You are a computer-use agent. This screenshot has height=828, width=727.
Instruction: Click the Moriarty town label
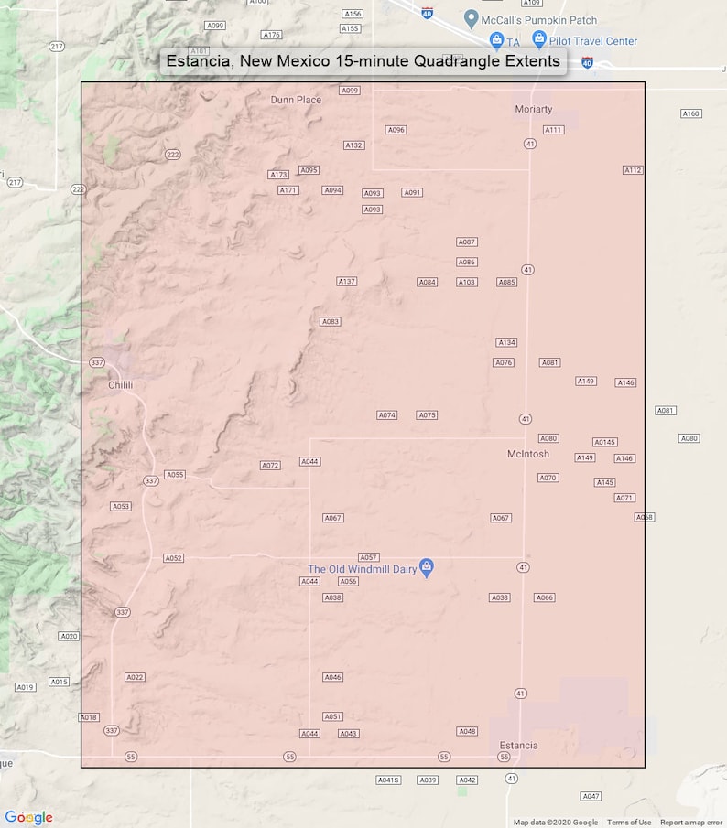(534, 109)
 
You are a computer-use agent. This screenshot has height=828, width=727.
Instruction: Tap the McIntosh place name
(528, 454)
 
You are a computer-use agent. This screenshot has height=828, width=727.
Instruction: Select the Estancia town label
(518, 746)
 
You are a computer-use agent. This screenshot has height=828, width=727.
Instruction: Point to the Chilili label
(120, 385)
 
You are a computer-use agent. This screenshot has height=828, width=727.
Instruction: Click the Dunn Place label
(296, 100)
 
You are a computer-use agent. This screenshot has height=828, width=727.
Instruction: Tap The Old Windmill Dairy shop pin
(426, 567)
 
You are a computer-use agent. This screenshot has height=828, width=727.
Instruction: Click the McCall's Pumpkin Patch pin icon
(471, 18)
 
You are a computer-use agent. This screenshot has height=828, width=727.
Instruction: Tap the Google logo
(28, 817)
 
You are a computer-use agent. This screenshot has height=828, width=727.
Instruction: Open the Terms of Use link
(629, 823)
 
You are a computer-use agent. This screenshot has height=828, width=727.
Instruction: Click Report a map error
(691, 823)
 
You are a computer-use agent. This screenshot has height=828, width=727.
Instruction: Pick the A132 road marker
(353, 145)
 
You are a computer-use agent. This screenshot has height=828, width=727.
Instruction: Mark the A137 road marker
(346, 282)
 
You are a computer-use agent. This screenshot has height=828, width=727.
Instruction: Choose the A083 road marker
(331, 322)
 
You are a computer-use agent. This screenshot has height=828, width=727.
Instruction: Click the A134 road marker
(506, 342)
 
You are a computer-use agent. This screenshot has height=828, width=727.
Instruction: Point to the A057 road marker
(368, 557)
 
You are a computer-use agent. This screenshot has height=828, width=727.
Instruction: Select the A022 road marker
(135, 677)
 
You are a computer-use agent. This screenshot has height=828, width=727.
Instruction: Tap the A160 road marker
(690, 113)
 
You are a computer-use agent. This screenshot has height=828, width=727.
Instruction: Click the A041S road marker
(389, 780)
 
